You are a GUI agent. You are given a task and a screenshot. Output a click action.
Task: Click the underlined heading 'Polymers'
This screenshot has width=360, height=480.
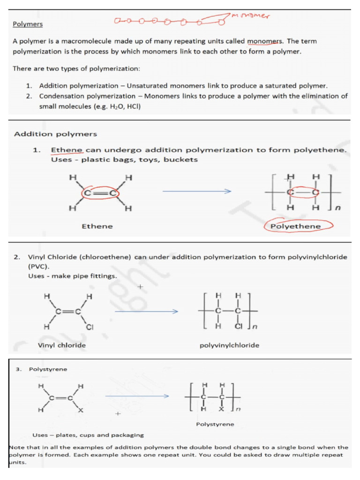27,24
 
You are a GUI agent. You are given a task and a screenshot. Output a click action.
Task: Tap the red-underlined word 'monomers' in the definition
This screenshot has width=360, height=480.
262,41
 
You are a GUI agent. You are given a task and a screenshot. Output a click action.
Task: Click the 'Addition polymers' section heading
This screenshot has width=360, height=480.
55,134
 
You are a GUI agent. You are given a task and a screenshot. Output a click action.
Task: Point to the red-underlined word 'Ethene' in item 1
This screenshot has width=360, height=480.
67,150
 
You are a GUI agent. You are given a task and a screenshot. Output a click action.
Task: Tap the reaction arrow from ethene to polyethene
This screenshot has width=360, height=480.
197,192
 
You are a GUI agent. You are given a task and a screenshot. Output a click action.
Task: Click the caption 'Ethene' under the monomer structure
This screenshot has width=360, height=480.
97,226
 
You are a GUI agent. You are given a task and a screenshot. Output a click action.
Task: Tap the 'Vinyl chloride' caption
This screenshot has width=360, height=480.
61,345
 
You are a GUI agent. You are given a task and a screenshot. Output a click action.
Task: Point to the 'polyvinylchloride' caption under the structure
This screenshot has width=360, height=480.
229,345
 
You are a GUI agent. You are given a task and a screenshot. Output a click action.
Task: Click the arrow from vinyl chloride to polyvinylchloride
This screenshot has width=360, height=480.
146,311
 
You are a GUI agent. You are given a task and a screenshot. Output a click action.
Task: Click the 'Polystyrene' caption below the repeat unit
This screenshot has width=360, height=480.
215,424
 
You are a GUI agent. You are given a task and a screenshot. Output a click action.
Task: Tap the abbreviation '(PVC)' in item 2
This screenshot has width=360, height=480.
39,266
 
